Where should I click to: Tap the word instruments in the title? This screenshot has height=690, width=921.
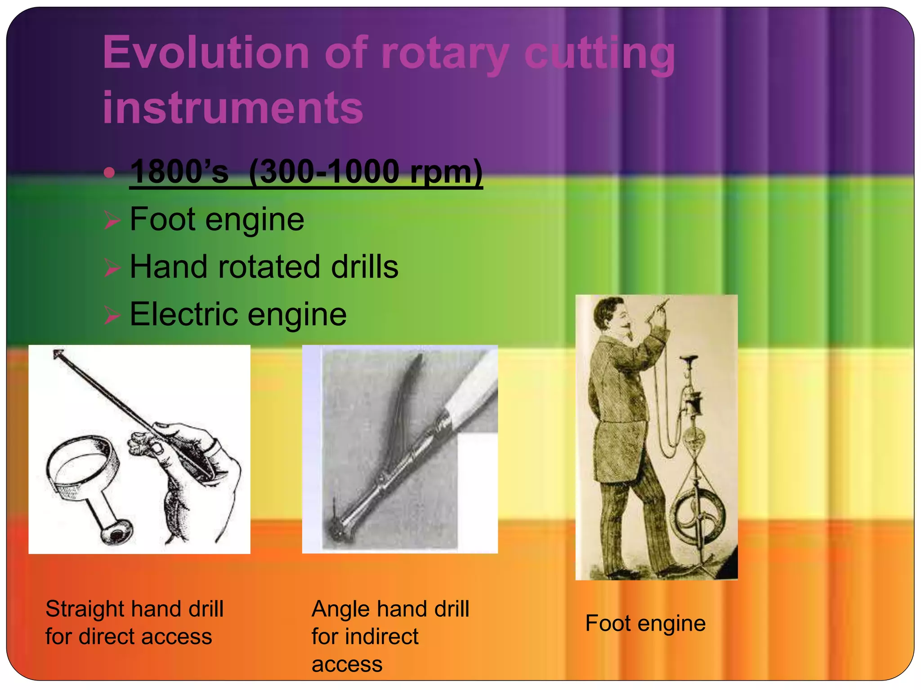click(x=232, y=108)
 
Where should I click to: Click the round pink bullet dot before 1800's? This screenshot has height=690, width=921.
click(x=109, y=172)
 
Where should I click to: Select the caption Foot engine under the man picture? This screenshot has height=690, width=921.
click(x=645, y=624)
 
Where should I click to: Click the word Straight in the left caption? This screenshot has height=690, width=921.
click(x=85, y=610)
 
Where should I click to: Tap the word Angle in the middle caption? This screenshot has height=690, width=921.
click(x=340, y=610)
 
